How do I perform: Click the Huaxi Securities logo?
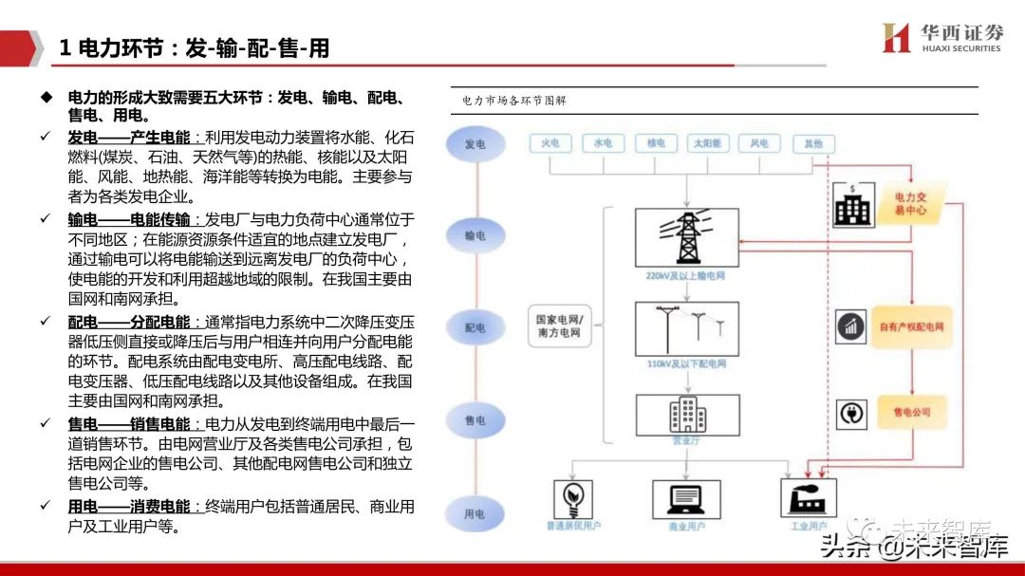point(941,38)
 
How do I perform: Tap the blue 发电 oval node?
point(475,143)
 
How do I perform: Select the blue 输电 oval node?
point(475,235)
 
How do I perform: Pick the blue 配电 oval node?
point(475,327)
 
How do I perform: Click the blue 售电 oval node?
point(475,419)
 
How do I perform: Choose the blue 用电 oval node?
point(475,513)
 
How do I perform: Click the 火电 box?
point(550,143)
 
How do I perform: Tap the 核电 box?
point(655,143)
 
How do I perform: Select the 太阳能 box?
point(707,143)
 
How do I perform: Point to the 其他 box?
point(813,143)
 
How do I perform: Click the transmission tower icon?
point(686,237)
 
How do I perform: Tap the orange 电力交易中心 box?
point(910,203)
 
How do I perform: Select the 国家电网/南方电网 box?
point(560,327)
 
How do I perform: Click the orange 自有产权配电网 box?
point(911,326)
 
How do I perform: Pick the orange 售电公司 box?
point(911,412)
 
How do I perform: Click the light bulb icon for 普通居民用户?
point(573,497)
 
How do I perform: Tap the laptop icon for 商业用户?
point(690,497)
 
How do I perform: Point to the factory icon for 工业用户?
point(808,497)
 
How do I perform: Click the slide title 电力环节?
point(195,48)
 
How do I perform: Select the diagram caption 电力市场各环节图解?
point(514,101)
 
